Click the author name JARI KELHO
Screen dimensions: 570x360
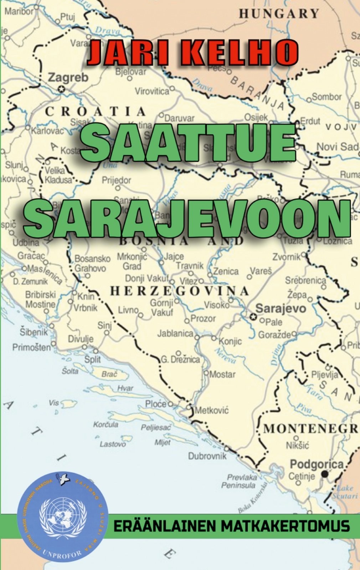[193, 53]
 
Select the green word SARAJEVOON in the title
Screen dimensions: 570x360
[187, 218]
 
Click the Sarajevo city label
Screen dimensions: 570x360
[281, 309]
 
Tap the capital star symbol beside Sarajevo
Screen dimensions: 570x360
[253, 316]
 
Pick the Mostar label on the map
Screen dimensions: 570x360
[222, 374]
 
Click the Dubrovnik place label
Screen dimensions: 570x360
[207, 456]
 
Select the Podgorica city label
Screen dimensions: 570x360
[317, 464]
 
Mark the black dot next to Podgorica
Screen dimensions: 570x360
[325, 474]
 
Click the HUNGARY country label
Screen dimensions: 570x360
[279, 14]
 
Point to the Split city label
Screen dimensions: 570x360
[93, 359]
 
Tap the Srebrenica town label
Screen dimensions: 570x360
[305, 281]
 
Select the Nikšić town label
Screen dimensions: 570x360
[297, 445]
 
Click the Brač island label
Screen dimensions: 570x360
[109, 374]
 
